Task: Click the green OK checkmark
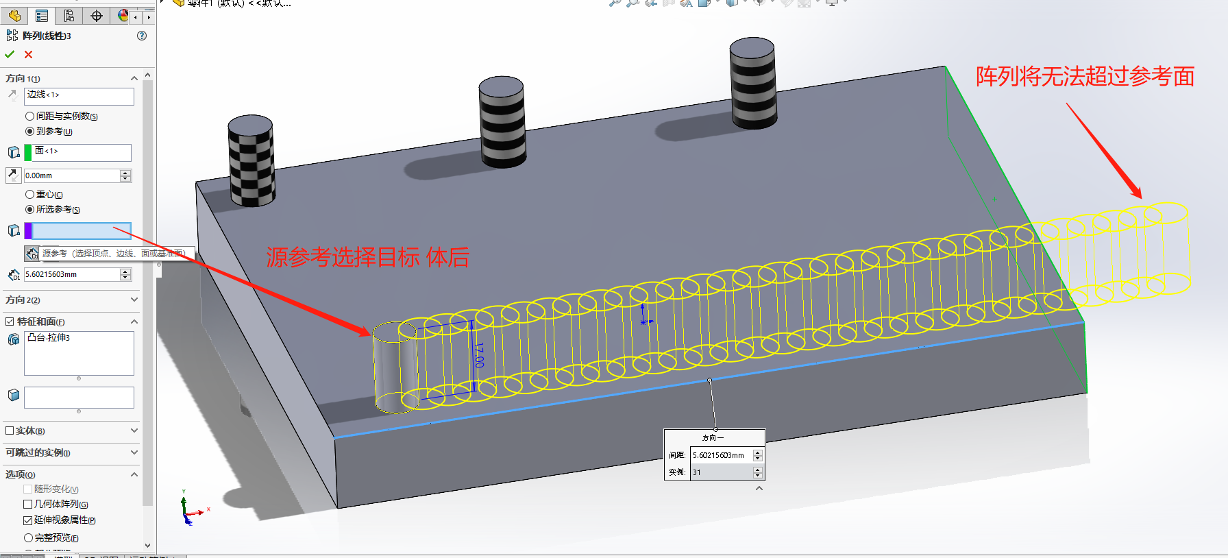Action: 10,54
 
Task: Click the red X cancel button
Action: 28,55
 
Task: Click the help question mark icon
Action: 142,36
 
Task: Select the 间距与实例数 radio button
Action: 29,117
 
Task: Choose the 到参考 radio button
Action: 29,131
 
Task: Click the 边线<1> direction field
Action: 79,96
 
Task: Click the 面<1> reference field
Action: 82,152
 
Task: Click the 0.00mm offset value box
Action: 71,175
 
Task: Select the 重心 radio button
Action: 29,195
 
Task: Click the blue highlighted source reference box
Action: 81,230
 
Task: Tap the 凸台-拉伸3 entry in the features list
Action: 49,338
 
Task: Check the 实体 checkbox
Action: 10,430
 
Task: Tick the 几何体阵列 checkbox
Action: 28,504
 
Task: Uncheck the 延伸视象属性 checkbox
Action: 28,520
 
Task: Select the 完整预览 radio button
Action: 29,538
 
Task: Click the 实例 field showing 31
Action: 721,472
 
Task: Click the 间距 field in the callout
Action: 721,455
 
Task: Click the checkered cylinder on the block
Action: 251,162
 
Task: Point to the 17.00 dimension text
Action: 479,354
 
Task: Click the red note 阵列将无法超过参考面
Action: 1085,76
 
